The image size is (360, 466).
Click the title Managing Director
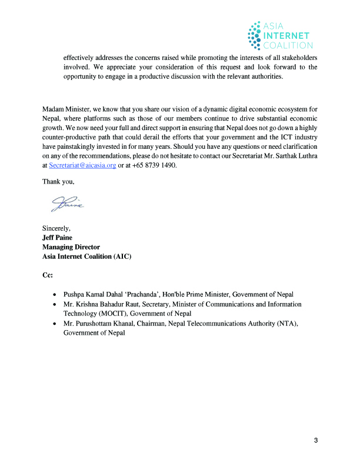(x=71, y=247)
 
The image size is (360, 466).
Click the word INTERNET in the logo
(x=287, y=35)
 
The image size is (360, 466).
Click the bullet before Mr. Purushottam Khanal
(x=55, y=324)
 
